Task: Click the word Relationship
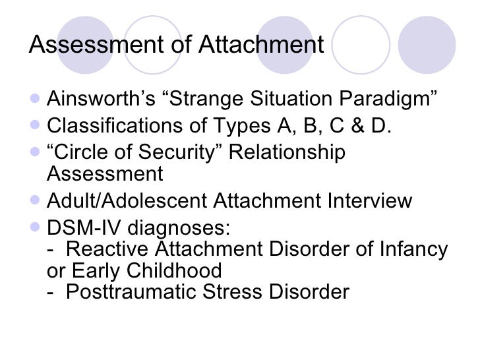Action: (x=288, y=151)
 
